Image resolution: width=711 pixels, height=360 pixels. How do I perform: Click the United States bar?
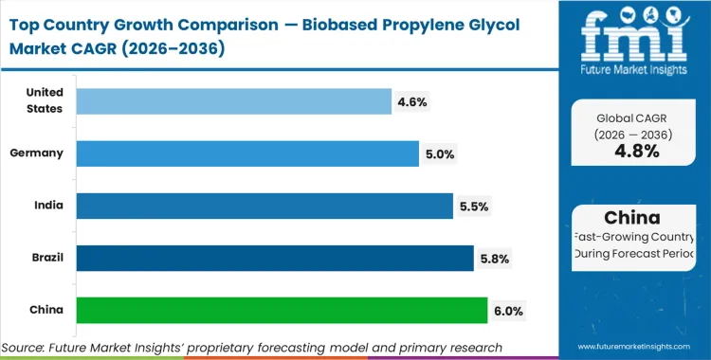pos(233,101)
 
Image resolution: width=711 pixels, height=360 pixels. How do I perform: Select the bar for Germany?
pos(246,153)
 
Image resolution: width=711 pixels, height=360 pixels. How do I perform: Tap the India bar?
pos(264,206)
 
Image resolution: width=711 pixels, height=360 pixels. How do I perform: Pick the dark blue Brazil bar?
pos(274,258)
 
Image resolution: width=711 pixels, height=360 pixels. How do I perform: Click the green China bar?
pos(282,310)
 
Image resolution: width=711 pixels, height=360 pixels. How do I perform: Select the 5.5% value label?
pos(475,206)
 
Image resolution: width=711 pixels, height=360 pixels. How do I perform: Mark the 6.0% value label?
pos(507,310)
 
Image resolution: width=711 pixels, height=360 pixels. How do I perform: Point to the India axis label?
pos(49,205)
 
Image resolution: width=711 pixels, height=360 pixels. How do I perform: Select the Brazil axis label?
pos(46,257)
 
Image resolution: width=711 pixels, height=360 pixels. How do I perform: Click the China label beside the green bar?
pos(47,309)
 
